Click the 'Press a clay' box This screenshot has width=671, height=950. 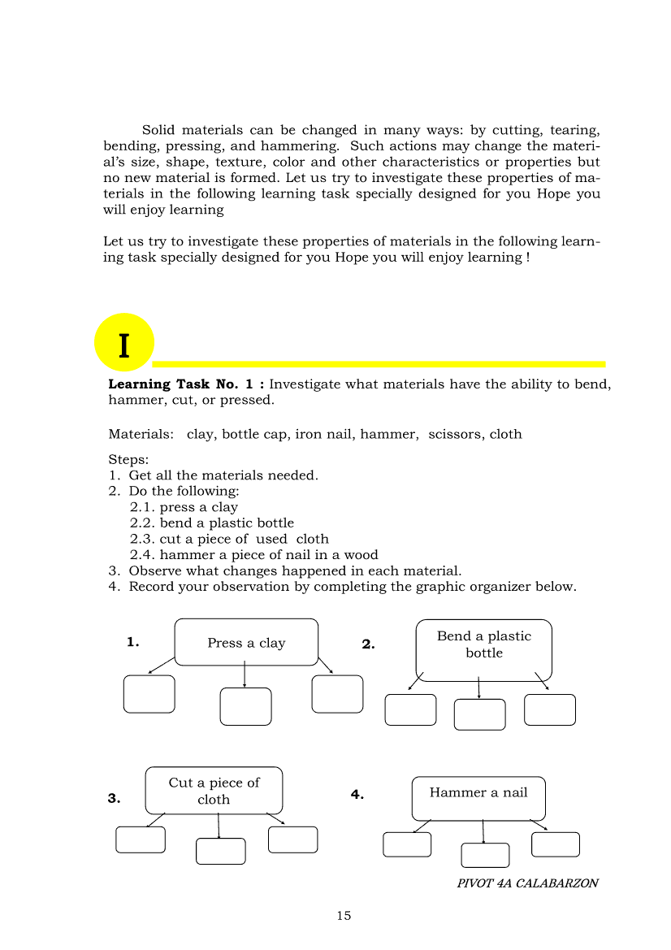click(x=246, y=642)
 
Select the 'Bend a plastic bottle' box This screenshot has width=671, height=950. click(x=484, y=649)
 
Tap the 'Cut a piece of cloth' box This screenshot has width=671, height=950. click(x=214, y=790)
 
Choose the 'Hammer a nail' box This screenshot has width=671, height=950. click(x=478, y=798)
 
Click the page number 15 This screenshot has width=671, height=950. click(x=344, y=916)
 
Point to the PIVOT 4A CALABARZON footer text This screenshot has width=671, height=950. click(x=527, y=883)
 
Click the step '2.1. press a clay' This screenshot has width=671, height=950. click(x=184, y=507)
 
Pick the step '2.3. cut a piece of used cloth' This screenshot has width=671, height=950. click(x=229, y=539)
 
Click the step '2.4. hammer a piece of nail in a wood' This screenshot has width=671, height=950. click(x=253, y=555)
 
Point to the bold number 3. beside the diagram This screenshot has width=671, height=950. click(x=114, y=798)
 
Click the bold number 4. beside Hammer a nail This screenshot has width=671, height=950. click(x=357, y=795)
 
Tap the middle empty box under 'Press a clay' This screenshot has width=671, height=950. click(x=245, y=706)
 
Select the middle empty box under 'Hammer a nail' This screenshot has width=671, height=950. click(x=485, y=855)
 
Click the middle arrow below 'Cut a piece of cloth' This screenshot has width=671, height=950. click(x=218, y=826)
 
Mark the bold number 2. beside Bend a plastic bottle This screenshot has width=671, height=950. click(x=368, y=644)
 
